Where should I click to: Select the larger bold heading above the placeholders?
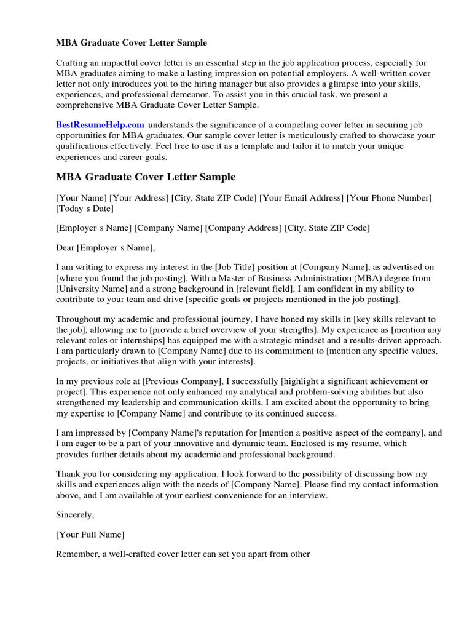coord(146,177)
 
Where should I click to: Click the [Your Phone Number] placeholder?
coord(389,198)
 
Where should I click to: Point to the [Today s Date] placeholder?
coord(83,209)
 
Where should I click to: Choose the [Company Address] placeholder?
coord(243,228)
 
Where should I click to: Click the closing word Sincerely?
coord(75,514)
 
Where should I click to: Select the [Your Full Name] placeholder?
coord(90,534)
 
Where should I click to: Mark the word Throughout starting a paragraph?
coord(81,319)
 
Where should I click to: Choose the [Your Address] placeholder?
coord(138,198)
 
